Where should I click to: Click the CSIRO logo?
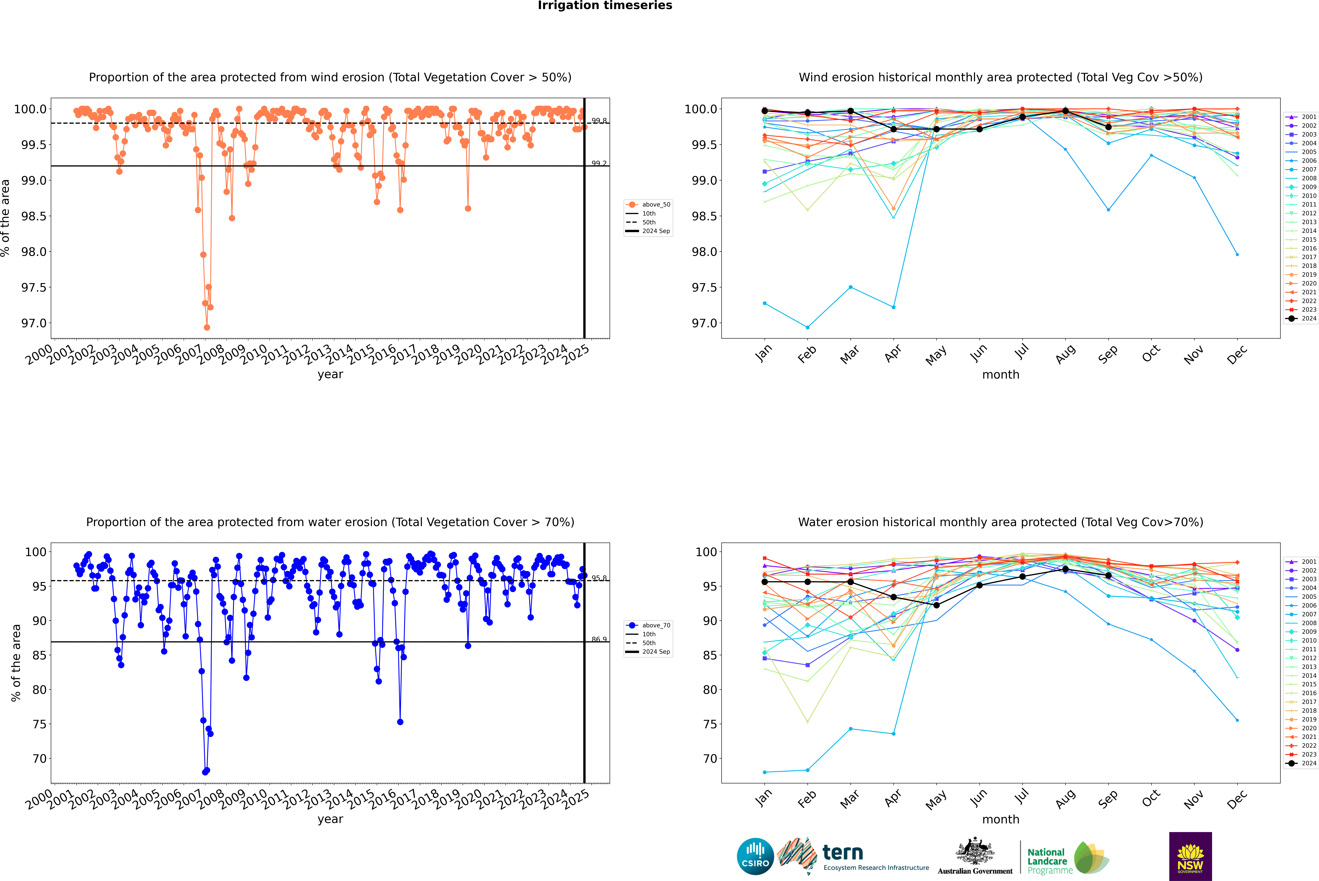(x=755, y=856)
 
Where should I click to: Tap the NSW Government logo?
(x=1190, y=856)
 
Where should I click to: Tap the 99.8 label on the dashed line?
(x=599, y=121)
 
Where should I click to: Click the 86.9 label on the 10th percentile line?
(x=599, y=639)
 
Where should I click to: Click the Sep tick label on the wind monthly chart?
(x=1108, y=354)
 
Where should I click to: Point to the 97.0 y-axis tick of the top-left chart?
(x=34, y=323)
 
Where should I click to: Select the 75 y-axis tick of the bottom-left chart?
(x=39, y=724)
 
